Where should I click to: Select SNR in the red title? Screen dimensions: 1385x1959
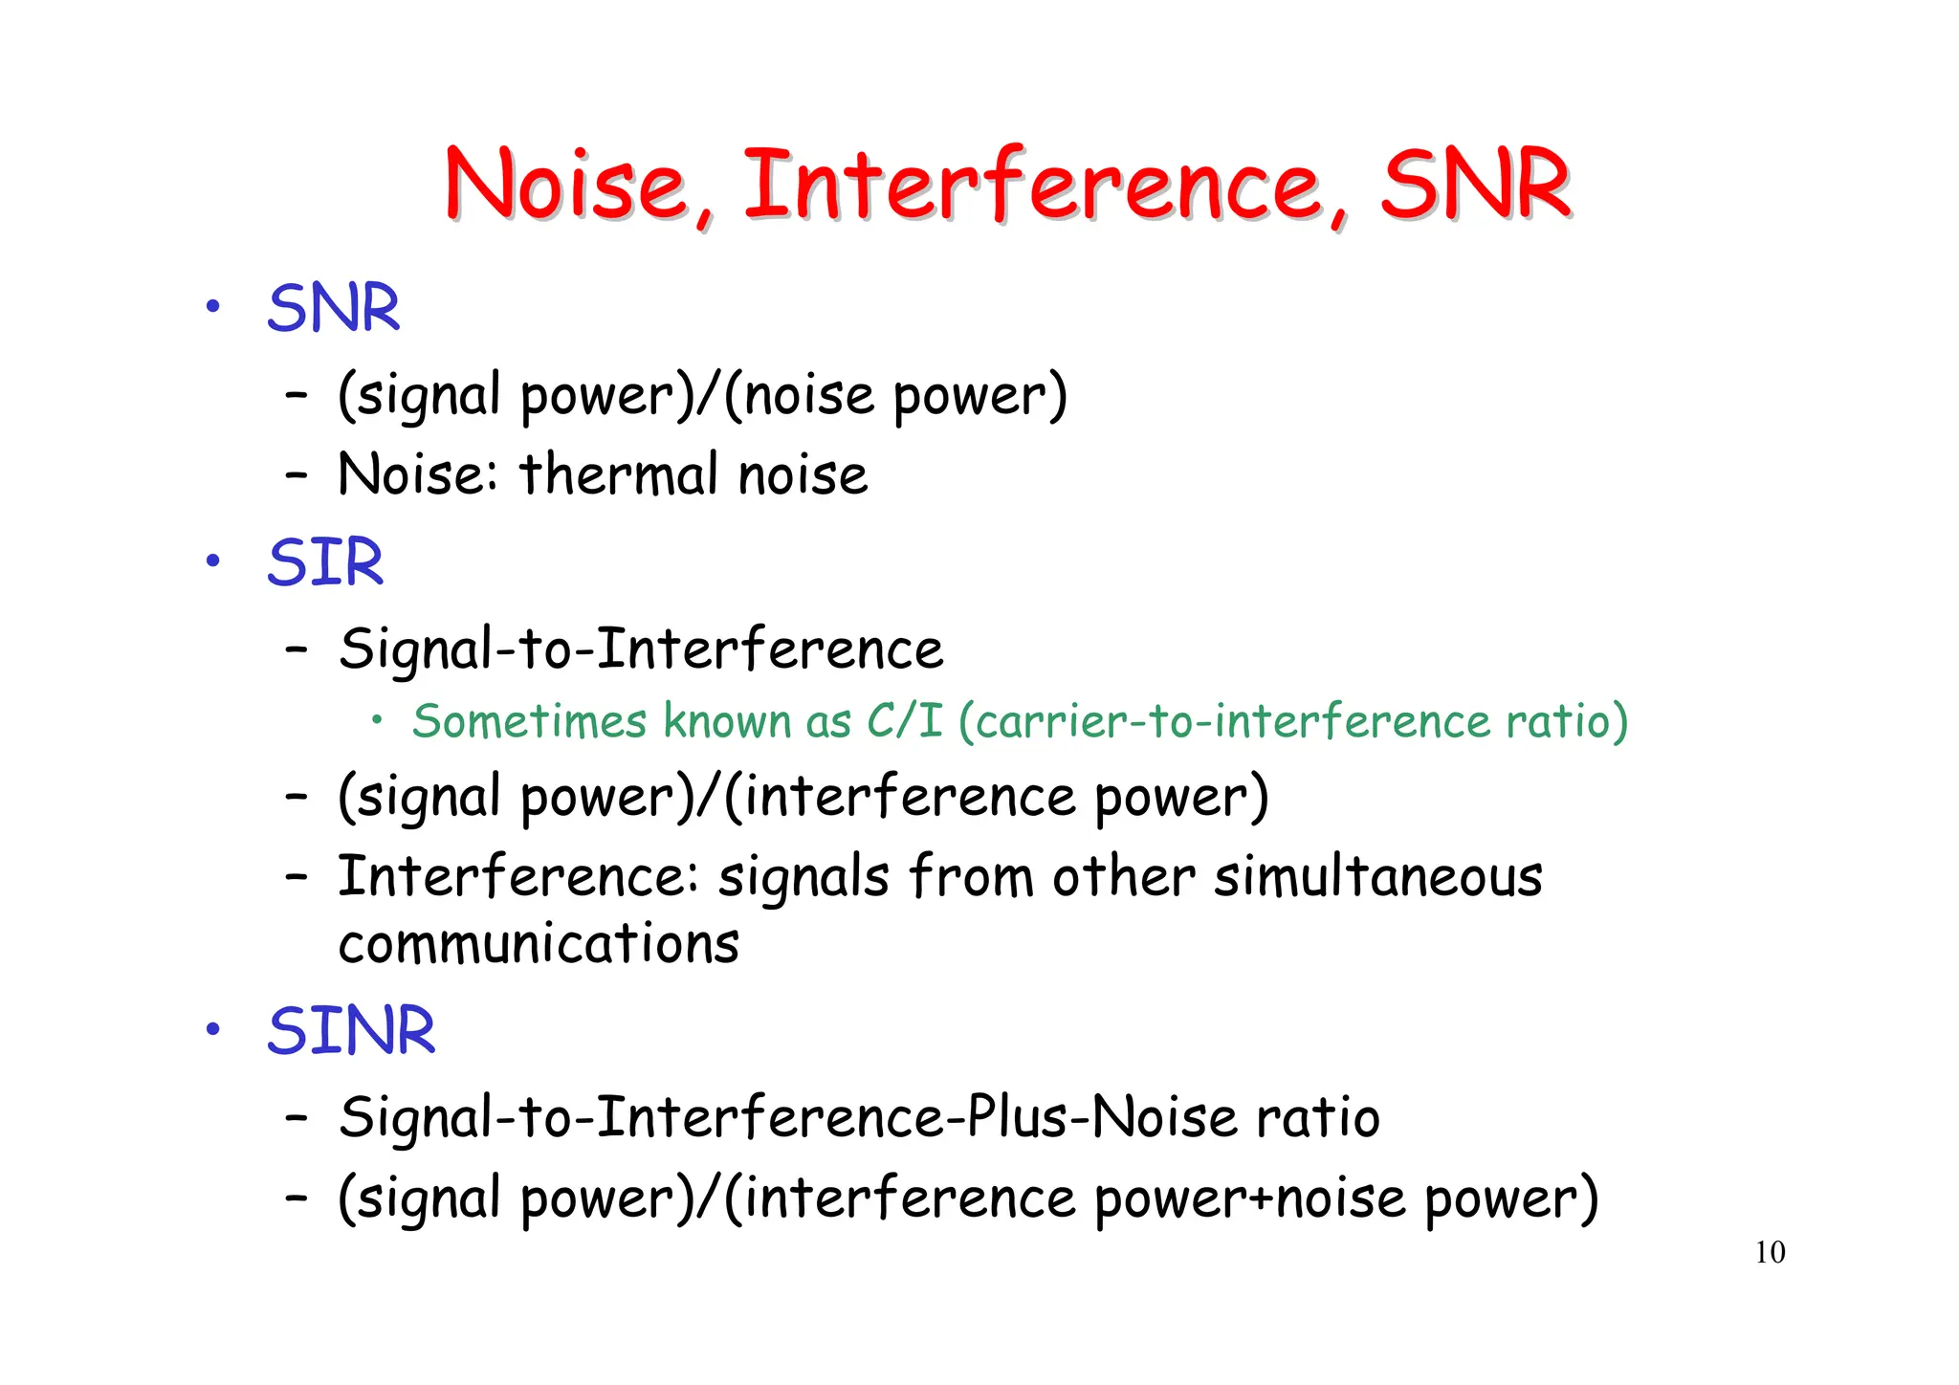point(1475,184)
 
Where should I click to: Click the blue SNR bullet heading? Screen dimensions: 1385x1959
point(333,309)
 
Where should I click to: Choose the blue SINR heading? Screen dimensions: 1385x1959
point(351,1031)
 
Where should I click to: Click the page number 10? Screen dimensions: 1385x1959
point(1770,1252)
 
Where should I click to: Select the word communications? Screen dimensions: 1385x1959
point(539,944)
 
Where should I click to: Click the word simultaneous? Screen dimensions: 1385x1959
point(1378,876)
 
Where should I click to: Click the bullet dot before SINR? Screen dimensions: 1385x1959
point(213,1029)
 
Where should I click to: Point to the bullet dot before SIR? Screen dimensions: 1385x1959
point(213,561)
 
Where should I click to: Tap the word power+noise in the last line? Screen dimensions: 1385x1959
point(1250,1198)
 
